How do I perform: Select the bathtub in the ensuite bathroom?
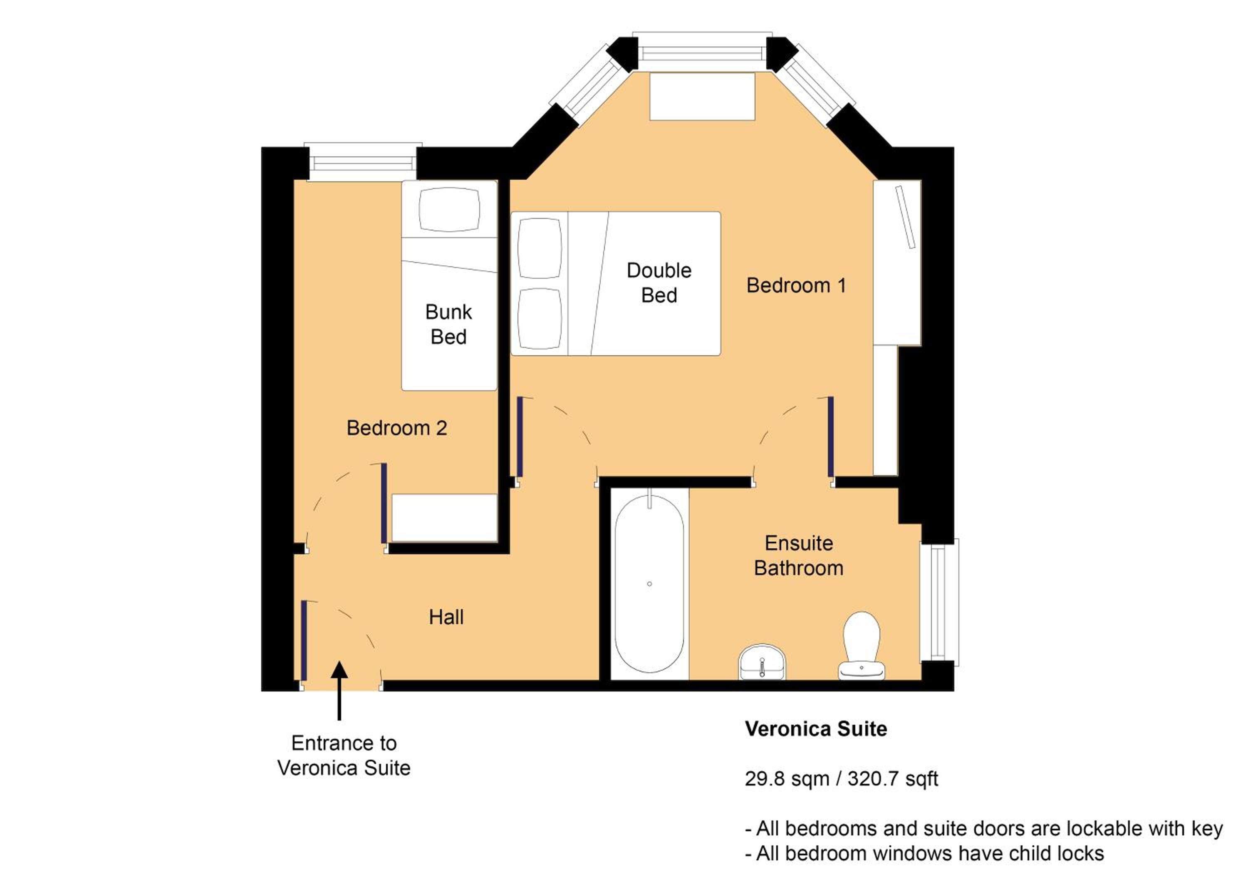pyautogui.click(x=649, y=584)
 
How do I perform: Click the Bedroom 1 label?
pyautogui.click(x=796, y=285)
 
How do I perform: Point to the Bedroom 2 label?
pyautogui.click(x=397, y=428)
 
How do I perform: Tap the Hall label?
pyautogui.click(x=446, y=617)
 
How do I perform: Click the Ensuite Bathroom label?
pyautogui.click(x=798, y=555)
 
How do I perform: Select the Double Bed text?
pyautogui.click(x=659, y=282)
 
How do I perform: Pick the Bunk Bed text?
pyautogui.click(x=448, y=325)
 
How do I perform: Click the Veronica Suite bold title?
pyautogui.click(x=816, y=729)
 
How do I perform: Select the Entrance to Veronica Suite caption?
pyautogui.click(x=344, y=756)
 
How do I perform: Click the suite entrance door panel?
pyautogui.click(x=304, y=640)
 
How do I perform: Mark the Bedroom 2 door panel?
pyautogui.click(x=384, y=503)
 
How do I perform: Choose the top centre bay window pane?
pyautogui.click(x=702, y=52)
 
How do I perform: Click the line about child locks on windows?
pyautogui.click(x=924, y=854)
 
